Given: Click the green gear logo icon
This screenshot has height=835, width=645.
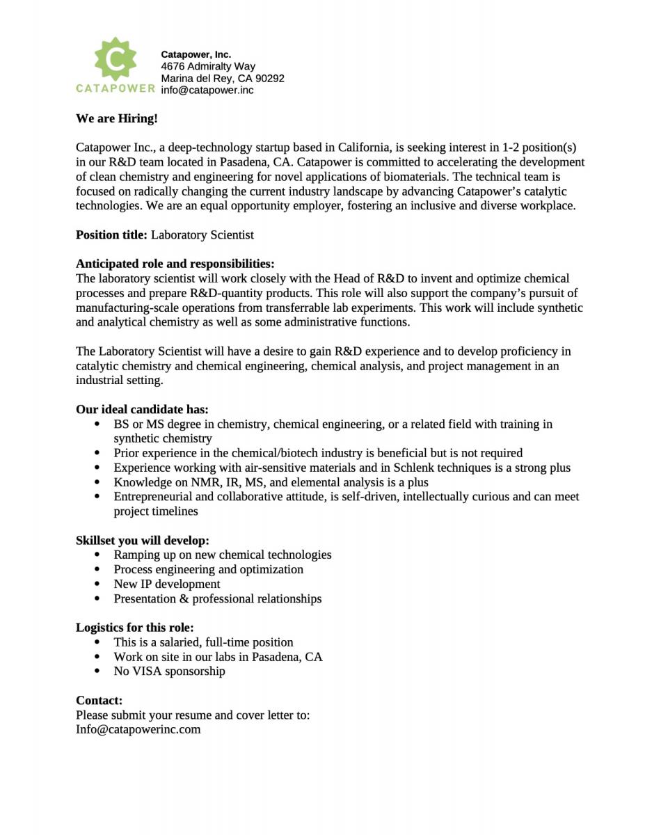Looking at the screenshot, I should tap(115, 58).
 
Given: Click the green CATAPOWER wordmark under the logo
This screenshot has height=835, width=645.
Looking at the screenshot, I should tap(116, 88).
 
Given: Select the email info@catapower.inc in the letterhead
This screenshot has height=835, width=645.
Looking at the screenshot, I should tap(207, 90).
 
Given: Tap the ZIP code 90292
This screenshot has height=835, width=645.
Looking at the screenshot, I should tap(270, 78).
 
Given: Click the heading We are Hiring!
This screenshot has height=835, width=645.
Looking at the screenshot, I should tap(117, 118).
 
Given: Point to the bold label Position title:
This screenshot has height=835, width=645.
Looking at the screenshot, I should tap(111, 234).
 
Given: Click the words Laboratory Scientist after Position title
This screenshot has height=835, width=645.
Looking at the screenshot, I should tap(202, 234).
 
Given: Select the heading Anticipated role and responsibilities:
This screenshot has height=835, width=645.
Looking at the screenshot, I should tap(175, 264).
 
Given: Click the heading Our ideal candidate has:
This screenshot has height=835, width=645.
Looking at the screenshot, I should tap(142, 409).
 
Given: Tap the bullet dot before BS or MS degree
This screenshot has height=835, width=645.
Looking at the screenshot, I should tap(97, 424).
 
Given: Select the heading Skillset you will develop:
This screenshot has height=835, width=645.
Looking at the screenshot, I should tap(142, 540).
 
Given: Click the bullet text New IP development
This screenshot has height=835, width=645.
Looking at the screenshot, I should tap(167, 584).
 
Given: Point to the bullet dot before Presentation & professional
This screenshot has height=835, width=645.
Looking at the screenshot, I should tap(97, 598).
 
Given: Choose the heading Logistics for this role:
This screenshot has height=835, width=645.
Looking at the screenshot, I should tap(134, 627).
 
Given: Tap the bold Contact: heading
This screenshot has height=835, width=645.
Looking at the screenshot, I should tap(99, 700).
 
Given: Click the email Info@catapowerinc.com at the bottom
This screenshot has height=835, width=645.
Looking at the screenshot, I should tap(138, 729).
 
